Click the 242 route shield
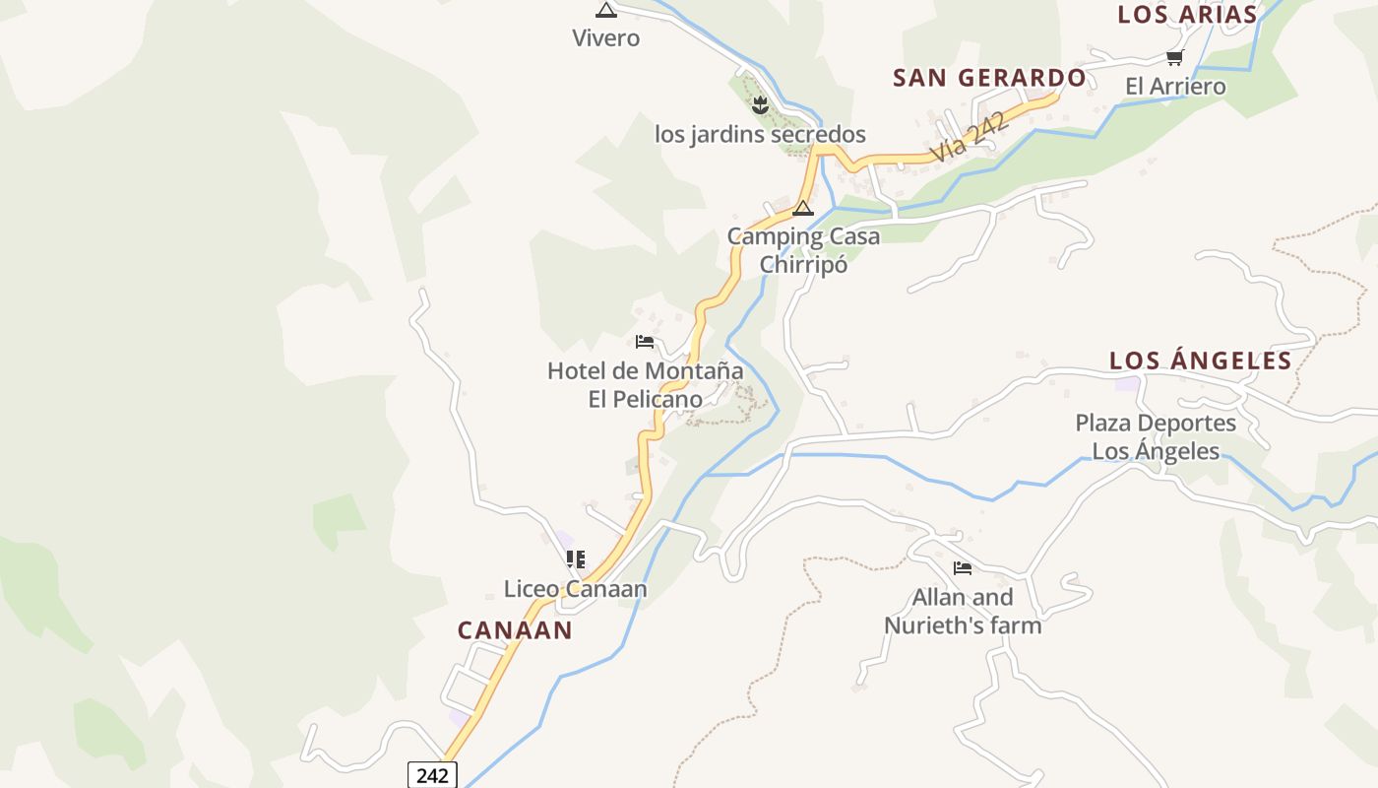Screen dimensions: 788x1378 (x=432, y=775)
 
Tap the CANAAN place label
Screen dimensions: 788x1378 (x=515, y=630)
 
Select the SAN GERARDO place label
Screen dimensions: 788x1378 (x=989, y=78)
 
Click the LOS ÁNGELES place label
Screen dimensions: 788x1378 (x=1200, y=361)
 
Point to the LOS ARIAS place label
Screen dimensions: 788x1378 (x=1187, y=14)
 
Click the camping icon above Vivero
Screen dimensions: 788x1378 (x=606, y=10)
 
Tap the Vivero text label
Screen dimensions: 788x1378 (x=606, y=38)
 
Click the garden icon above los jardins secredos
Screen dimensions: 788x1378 (x=759, y=105)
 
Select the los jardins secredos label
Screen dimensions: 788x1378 (x=760, y=134)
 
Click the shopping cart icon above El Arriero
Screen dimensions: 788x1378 (x=1174, y=58)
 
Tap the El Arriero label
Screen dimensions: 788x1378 (x=1175, y=87)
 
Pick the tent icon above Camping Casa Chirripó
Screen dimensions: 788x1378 (x=803, y=208)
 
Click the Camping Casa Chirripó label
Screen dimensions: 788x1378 (x=803, y=250)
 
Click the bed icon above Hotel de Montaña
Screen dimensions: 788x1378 (x=645, y=342)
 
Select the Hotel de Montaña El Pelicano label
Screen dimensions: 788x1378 (x=645, y=385)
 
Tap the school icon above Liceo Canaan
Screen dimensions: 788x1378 (x=576, y=559)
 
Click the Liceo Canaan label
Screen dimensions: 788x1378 (x=576, y=589)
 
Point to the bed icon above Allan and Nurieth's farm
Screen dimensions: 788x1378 (x=963, y=568)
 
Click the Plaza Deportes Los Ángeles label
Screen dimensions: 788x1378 (x=1156, y=437)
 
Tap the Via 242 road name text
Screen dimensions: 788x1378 (x=971, y=137)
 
